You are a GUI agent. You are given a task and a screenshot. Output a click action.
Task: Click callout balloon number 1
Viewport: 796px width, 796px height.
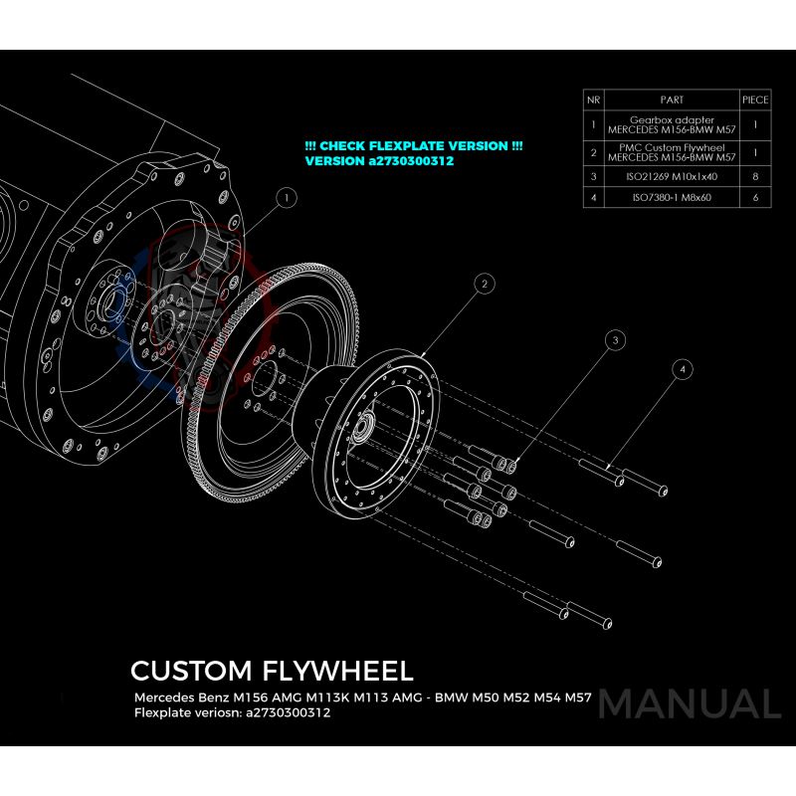286,198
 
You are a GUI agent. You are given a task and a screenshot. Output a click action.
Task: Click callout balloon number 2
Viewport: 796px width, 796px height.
484,285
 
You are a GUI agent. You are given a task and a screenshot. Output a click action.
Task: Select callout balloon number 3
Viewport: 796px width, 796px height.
616,340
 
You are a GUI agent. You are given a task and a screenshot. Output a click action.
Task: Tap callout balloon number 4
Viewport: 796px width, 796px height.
682,369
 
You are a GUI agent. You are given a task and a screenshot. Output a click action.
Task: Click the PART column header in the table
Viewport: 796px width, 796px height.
672,99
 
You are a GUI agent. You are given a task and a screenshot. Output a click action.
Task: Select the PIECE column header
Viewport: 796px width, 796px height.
756,99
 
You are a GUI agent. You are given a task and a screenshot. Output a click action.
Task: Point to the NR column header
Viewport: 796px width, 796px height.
593,99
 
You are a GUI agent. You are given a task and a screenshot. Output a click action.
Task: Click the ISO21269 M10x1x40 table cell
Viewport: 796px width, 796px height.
672,176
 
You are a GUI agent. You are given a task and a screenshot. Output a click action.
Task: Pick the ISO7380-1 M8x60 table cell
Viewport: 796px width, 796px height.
672,198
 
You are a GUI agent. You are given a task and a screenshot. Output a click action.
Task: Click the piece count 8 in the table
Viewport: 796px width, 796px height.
756,176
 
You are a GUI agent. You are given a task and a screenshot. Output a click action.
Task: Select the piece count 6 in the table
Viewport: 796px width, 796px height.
756,198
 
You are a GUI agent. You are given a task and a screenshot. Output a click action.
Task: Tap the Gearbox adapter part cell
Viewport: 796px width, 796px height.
672,125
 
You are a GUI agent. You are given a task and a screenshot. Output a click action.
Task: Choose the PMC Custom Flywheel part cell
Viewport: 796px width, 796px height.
672,153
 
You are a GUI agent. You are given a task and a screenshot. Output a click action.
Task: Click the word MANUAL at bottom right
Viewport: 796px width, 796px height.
690,704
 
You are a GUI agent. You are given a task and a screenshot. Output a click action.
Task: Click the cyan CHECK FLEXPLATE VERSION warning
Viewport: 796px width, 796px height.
414,145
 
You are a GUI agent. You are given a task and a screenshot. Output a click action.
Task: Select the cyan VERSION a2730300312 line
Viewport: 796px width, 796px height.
379,160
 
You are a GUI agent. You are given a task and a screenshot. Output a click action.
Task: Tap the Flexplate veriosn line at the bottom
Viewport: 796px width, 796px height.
232,712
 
